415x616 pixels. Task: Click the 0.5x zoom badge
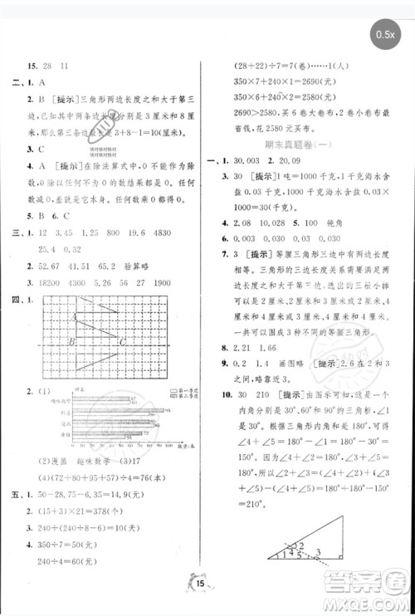[387, 37]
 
